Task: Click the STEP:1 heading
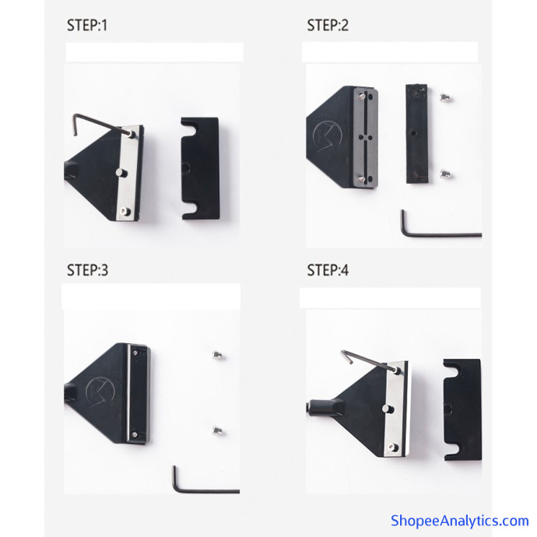point(87,26)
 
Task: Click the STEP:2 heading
point(328,26)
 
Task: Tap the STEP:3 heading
point(87,270)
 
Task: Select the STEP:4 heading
point(328,270)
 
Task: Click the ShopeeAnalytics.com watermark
point(460,521)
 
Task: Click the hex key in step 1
point(100,122)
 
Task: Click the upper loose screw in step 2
point(445,97)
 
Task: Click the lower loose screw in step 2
point(446,174)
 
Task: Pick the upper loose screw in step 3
point(217,355)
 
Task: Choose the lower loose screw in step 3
point(217,430)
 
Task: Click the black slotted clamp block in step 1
point(200,169)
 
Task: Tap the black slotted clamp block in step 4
point(462,409)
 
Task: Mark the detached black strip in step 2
point(417,134)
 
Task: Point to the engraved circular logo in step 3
point(100,391)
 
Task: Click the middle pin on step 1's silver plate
point(121,173)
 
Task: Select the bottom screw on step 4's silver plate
point(393,447)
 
